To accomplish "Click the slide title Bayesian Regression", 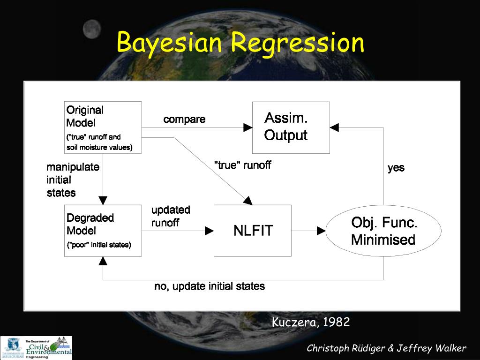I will pos(240,43).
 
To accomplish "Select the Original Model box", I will pos(103,127).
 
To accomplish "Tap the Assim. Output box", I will pos(291,127).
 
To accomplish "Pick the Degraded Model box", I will pos(103,230).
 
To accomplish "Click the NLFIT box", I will pos(253,230).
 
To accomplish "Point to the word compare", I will pos(184,119).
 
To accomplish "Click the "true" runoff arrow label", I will pos(242,165).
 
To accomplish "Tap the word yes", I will pos(396,167).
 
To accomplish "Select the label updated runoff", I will pos(171,216).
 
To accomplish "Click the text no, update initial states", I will pos(209,286).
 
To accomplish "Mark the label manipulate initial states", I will pos(73,180).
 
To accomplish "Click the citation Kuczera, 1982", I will pos(310,322).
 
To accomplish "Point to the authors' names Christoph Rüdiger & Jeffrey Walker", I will pos(386,348).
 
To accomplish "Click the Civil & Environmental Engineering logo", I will pos(37,347).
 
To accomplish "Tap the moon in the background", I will pos(92,30).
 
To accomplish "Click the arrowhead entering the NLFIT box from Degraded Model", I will pos(210,231).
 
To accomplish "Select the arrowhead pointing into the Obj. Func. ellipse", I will pos(322,231).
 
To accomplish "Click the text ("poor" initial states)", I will pos(99,245).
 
